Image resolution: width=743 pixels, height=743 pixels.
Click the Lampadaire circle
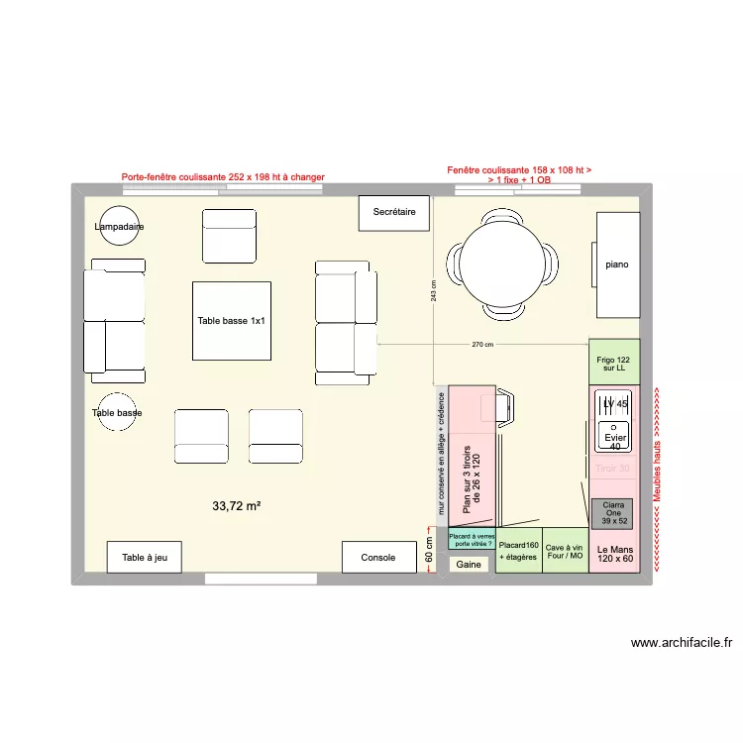point(119,226)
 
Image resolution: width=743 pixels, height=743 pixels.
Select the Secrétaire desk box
point(393,213)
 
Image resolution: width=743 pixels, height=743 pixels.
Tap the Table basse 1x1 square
point(231,321)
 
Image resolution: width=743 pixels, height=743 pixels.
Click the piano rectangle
point(617,265)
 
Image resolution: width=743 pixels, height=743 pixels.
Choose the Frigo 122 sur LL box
point(614,363)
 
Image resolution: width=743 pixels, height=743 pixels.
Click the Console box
point(377,557)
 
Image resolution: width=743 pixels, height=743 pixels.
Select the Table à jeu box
point(144,557)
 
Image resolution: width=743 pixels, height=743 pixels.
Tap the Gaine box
point(469,565)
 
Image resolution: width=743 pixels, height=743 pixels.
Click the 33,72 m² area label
point(236,506)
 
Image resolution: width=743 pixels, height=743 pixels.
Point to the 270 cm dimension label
point(482,345)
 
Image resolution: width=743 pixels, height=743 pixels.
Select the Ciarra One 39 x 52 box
point(614,512)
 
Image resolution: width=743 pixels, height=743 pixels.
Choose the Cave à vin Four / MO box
point(566,552)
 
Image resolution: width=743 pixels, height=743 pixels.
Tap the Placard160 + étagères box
point(518,552)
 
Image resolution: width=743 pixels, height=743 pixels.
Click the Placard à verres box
point(471,538)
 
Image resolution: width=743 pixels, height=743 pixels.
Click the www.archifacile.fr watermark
point(681,642)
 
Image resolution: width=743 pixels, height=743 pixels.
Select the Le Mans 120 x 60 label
point(614,555)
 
